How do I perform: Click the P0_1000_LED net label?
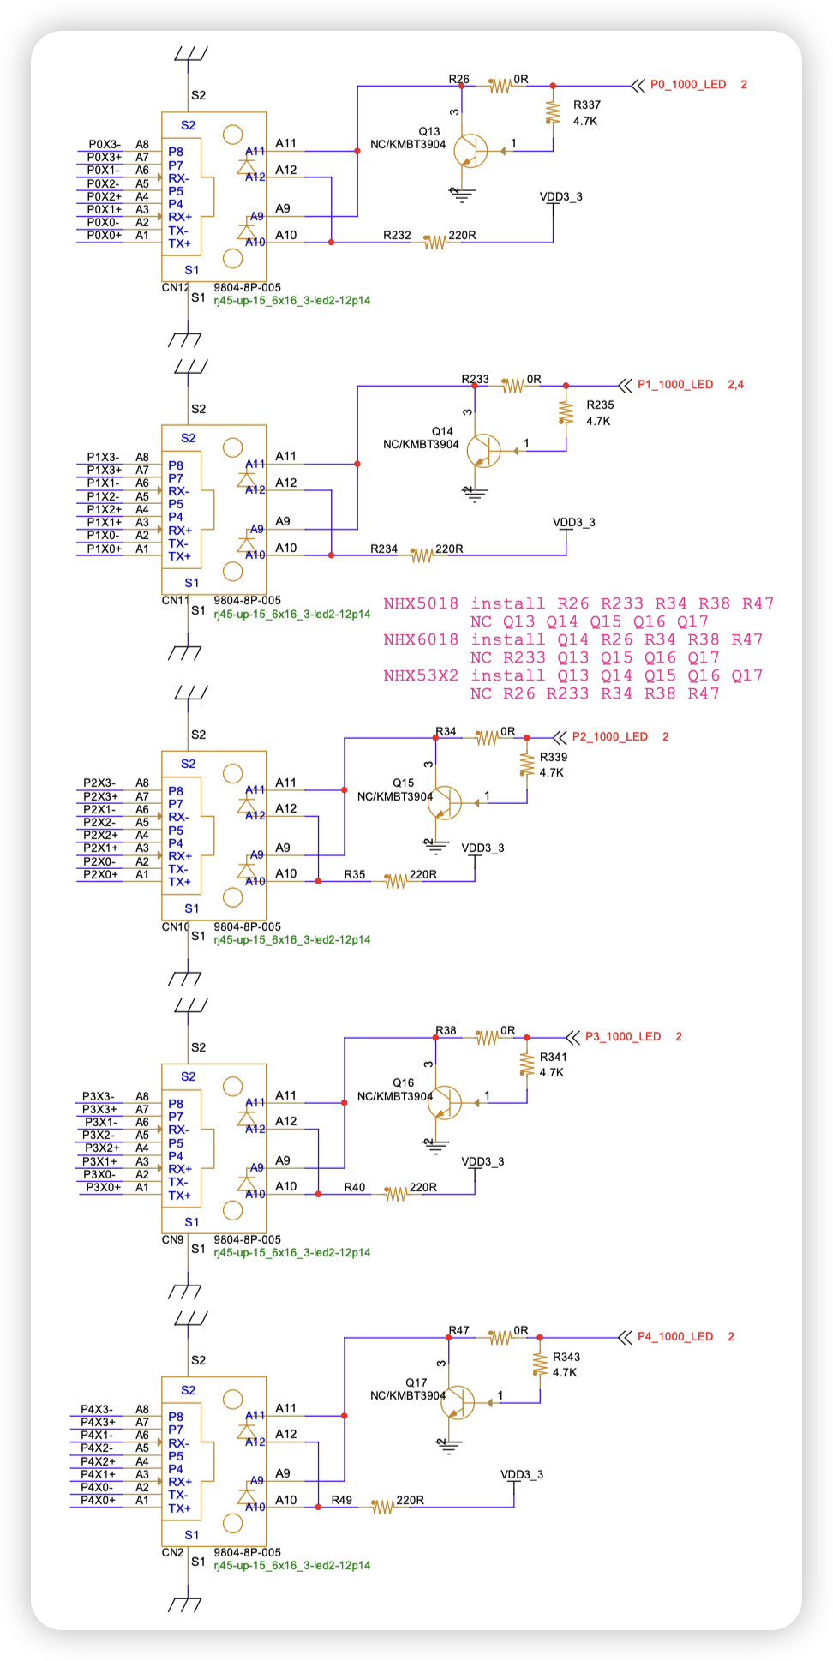[687, 85]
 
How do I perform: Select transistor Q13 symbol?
[470, 151]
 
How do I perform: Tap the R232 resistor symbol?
[435, 243]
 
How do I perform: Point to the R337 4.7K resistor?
[553, 112]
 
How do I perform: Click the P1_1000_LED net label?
[674, 385]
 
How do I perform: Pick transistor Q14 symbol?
[483, 450]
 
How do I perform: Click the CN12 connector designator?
[175, 287]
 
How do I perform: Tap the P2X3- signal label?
[99, 783]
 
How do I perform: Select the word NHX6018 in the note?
[420, 639]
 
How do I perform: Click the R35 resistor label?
[355, 875]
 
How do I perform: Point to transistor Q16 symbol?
[444, 1102]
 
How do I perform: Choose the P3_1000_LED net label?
[623, 1037]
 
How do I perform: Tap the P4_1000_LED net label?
[674, 1337]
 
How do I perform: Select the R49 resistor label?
[342, 1501]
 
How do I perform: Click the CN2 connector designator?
[172, 1552]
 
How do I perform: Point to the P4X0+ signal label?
[98, 1500]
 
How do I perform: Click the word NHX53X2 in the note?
[420, 675]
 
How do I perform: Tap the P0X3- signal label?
[105, 144]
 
